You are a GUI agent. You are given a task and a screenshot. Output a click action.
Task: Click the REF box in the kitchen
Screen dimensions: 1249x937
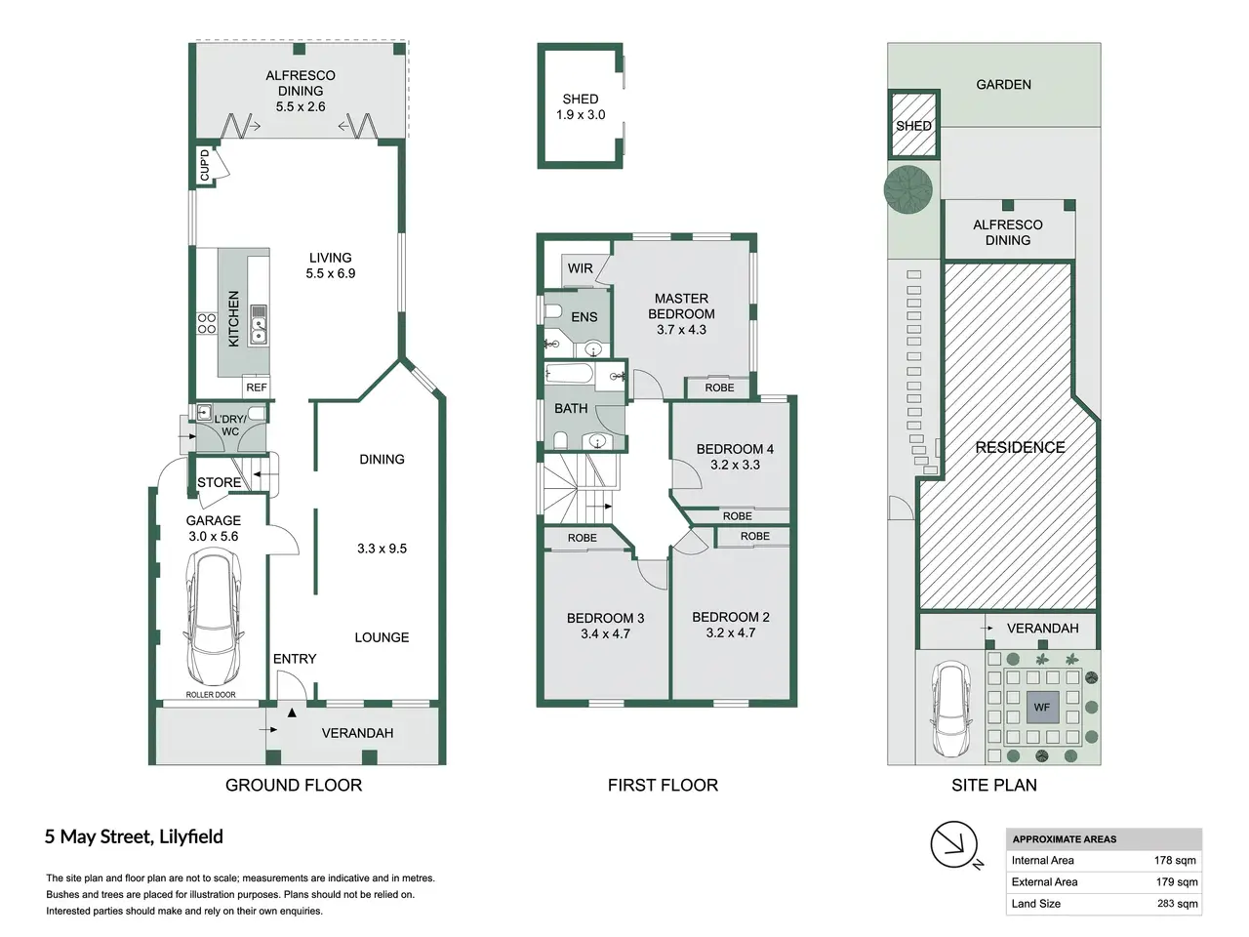[256, 387]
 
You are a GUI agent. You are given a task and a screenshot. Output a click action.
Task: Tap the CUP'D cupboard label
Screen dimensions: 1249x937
[205, 165]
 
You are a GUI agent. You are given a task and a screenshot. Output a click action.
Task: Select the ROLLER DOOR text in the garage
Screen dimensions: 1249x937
[211, 695]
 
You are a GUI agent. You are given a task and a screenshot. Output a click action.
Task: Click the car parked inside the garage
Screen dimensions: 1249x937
[214, 617]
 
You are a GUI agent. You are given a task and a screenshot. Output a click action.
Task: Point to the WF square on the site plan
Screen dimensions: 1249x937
[1042, 708]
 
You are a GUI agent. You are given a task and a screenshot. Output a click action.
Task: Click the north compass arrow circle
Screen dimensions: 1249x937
[953, 844]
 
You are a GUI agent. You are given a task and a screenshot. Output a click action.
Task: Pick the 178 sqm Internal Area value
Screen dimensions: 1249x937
[1175, 860]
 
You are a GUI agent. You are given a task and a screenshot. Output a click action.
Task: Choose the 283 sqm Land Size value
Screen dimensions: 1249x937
[1177, 904]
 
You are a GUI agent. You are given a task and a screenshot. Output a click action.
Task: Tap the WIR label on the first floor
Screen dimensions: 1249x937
[580, 268]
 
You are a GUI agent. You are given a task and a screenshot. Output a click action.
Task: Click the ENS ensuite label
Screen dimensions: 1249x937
[584, 317]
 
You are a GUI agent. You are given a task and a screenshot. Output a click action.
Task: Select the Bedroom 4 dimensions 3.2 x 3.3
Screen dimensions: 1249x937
[735, 465]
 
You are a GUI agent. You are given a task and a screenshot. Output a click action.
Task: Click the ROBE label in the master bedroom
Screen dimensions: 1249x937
[719, 387]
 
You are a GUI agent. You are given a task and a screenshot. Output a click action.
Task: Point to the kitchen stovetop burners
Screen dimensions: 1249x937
[207, 323]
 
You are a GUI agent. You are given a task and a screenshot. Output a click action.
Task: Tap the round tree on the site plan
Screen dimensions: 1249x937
[908, 190]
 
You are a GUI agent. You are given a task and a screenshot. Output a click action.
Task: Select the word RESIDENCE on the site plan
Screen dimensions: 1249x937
[1020, 447]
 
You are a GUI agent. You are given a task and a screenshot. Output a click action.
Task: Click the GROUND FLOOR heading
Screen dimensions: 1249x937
[294, 785]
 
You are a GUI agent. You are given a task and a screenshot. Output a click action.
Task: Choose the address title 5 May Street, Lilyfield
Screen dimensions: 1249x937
[135, 836]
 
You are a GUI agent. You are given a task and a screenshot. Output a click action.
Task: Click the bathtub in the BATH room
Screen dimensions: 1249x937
[570, 376]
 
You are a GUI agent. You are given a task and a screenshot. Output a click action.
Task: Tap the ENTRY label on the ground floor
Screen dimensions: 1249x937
[294, 659]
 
